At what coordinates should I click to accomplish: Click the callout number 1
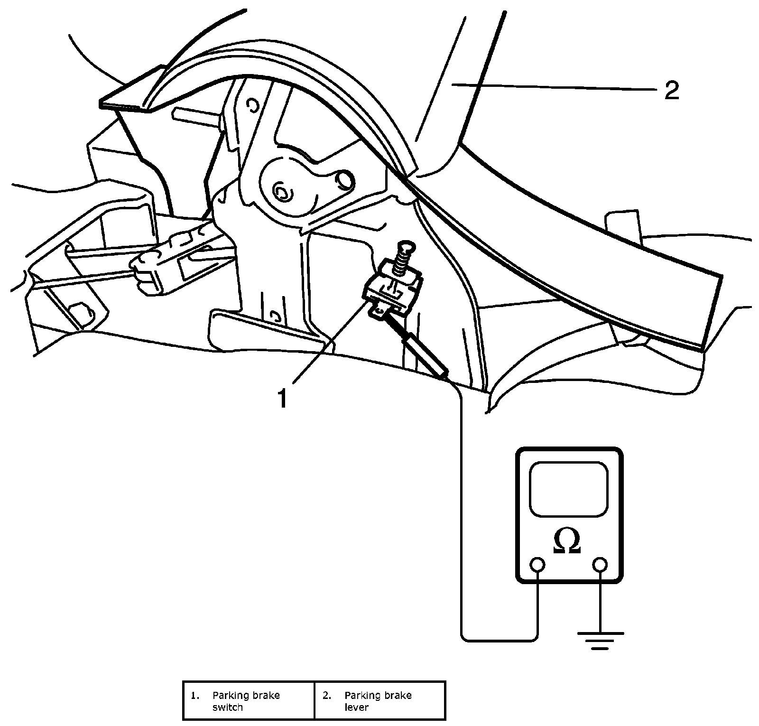(283, 398)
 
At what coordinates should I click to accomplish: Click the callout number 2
(671, 90)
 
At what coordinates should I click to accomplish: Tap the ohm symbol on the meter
(567, 541)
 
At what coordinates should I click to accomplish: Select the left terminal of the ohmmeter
(537, 565)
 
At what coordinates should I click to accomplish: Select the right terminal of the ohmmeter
(600, 565)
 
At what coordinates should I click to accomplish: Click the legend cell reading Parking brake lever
(379, 700)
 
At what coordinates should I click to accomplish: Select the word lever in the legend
(357, 707)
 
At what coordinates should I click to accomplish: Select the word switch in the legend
(228, 707)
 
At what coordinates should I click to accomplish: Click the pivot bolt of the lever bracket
(282, 193)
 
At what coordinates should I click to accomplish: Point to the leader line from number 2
(555, 87)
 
